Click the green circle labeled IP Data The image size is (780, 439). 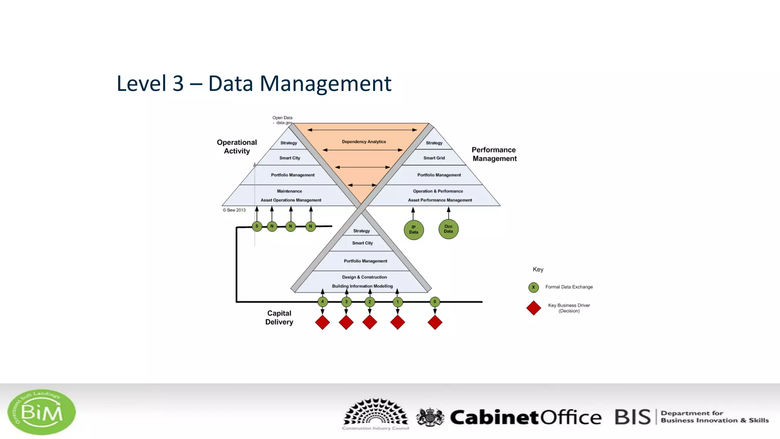(x=414, y=230)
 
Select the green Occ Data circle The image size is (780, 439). (x=448, y=229)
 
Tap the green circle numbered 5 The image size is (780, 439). (x=257, y=226)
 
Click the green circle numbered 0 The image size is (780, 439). (x=435, y=302)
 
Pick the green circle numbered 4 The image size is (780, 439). (x=323, y=302)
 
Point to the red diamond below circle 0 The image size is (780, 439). (x=435, y=322)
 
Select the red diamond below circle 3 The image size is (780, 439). (x=346, y=322)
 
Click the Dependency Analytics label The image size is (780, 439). (x=364, y=142)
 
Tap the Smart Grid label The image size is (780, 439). (x=434, y=158)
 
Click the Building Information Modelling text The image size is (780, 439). (x=362, y=286)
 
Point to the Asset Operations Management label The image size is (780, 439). (x=291, y=200)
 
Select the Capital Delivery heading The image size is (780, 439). (x=279, y=317)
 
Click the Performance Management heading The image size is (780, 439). (x=494, y=154)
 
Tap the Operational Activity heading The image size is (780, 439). (x=237, y=147)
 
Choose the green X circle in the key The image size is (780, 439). (x=534, y=287)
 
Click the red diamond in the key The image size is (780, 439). (x=534, y=308)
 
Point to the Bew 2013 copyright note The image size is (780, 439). (x=234, y=210)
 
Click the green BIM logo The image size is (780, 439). (x=42, y=412)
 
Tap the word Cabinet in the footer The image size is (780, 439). (x=494, y=417)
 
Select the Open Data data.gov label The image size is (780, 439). (x=283, y=120)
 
